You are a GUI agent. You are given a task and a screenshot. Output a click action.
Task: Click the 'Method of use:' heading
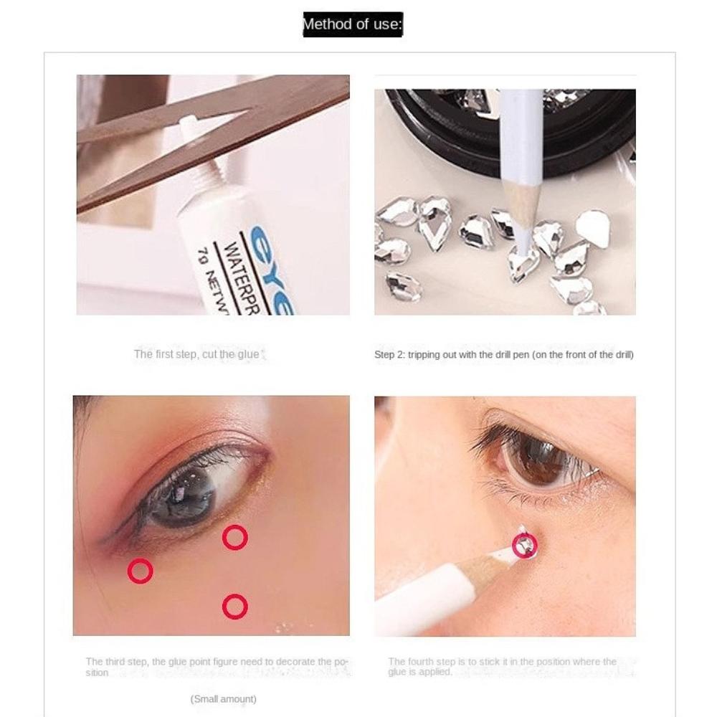click(352, 24)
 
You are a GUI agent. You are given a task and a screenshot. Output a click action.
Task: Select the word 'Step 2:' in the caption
click(389, 355)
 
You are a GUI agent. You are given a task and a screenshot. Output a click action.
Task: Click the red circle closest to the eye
click(234, 537)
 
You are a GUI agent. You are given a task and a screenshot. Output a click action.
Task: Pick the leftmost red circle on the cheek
click(140, 571)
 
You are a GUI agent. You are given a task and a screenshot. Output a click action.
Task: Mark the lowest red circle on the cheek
click(234, 607)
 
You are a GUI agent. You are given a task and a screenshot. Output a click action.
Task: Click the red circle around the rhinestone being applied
click(524, 546)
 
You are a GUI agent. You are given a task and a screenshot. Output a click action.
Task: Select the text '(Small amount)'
click(223, 699)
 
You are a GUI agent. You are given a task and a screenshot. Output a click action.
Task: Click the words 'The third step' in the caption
click(116, 662)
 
